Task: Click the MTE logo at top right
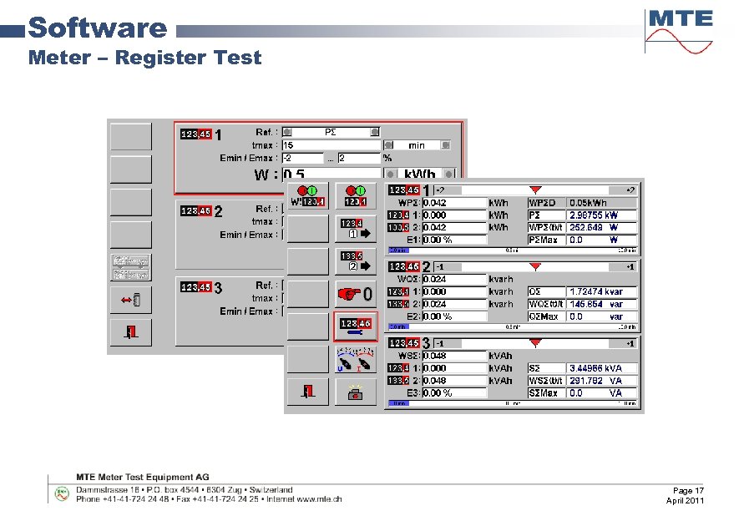[x=681, y=30]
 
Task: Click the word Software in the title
[x=98, y=28]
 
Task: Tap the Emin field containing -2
[x=302, y=158]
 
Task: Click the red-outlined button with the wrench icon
[x=356, y=326]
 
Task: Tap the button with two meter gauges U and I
[x=356, y=359]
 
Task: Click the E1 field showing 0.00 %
[x=453, y=240]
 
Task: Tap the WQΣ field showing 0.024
[x=453, y=279]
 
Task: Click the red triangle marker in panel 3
[x=535, y=342]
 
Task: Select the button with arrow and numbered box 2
[x=356, y=261]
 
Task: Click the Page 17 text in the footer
[x=688, y=490]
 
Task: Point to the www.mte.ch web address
[x=318, y=499]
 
